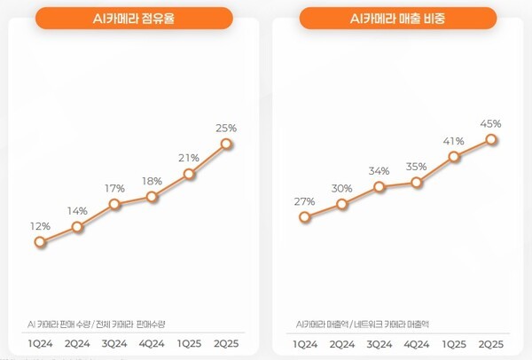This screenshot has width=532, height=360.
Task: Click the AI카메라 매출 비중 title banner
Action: coord(397,19)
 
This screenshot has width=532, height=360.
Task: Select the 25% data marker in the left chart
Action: coord(228,143)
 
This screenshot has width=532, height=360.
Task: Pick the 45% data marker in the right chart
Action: coord(492,139)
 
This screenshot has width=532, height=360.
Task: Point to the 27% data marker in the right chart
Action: coord(305,216)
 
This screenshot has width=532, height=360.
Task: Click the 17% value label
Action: coord(114,188)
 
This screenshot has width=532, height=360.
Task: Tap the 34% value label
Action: coord(379,171)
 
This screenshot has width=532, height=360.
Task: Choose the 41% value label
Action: coord(454,140)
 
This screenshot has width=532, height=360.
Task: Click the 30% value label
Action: coord(342,187)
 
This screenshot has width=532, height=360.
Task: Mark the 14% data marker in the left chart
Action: coord(78,227)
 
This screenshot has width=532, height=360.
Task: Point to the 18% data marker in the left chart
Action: coord(153,197)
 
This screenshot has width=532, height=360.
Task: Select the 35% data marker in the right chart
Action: coord(417,184)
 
